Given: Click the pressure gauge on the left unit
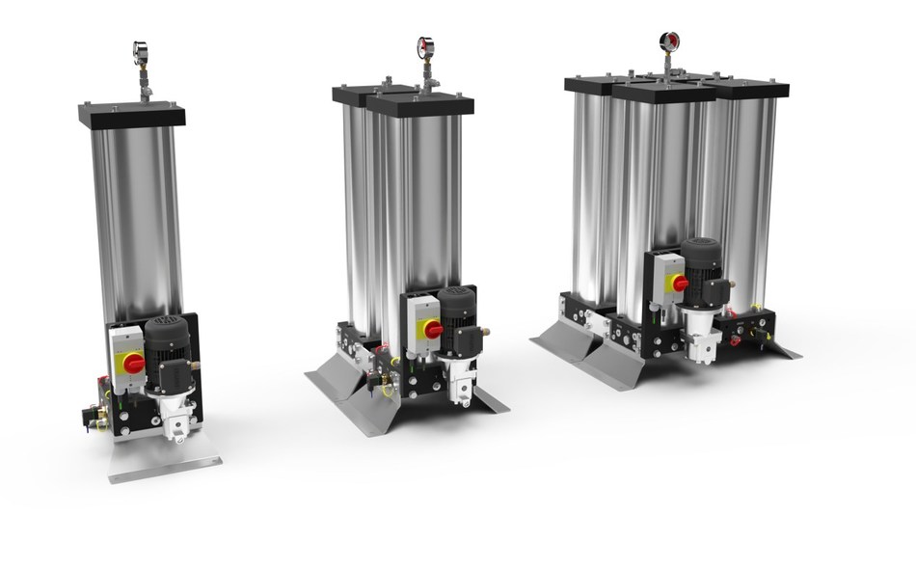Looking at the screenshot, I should pos(141,50).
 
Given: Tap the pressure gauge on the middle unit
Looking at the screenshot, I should pos(425,45).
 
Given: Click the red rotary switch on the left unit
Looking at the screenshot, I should pos(132,363).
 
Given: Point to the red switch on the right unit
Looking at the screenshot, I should pos(681,283).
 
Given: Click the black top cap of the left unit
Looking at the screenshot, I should pos(132,115).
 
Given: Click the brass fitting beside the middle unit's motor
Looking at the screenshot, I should pos(485,330).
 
